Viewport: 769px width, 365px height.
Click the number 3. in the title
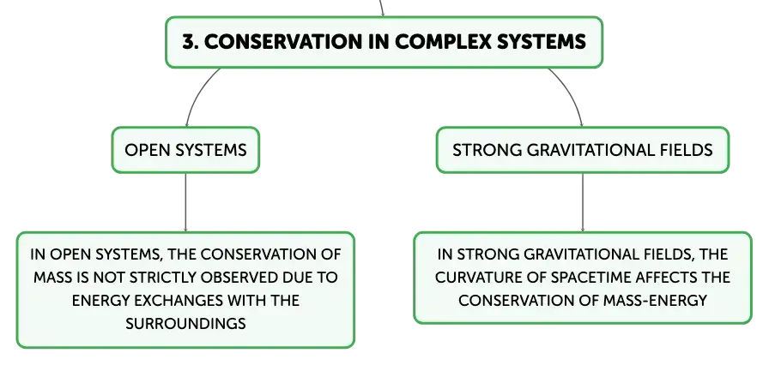click(x=191, y=42)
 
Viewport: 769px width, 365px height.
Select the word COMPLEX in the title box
click(x=443, y=42)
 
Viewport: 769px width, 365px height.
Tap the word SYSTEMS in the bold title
click(x=542, y=42)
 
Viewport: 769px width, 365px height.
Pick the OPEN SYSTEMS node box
click(x=185, y=150)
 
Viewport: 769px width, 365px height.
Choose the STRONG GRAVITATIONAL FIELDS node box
click(x=583, y=150)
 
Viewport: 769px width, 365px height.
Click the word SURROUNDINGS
click(x=185, y=323)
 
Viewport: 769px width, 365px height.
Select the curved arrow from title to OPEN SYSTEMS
click(x=197, y=92)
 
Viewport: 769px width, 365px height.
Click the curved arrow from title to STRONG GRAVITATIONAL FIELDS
click(x=571, y=92)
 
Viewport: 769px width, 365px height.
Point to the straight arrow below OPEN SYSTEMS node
click(x=185, y=202)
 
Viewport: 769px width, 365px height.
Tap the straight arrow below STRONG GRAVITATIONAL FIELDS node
click(x=583, y=202)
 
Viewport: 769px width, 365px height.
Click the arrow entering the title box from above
click(x=381, y=9)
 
